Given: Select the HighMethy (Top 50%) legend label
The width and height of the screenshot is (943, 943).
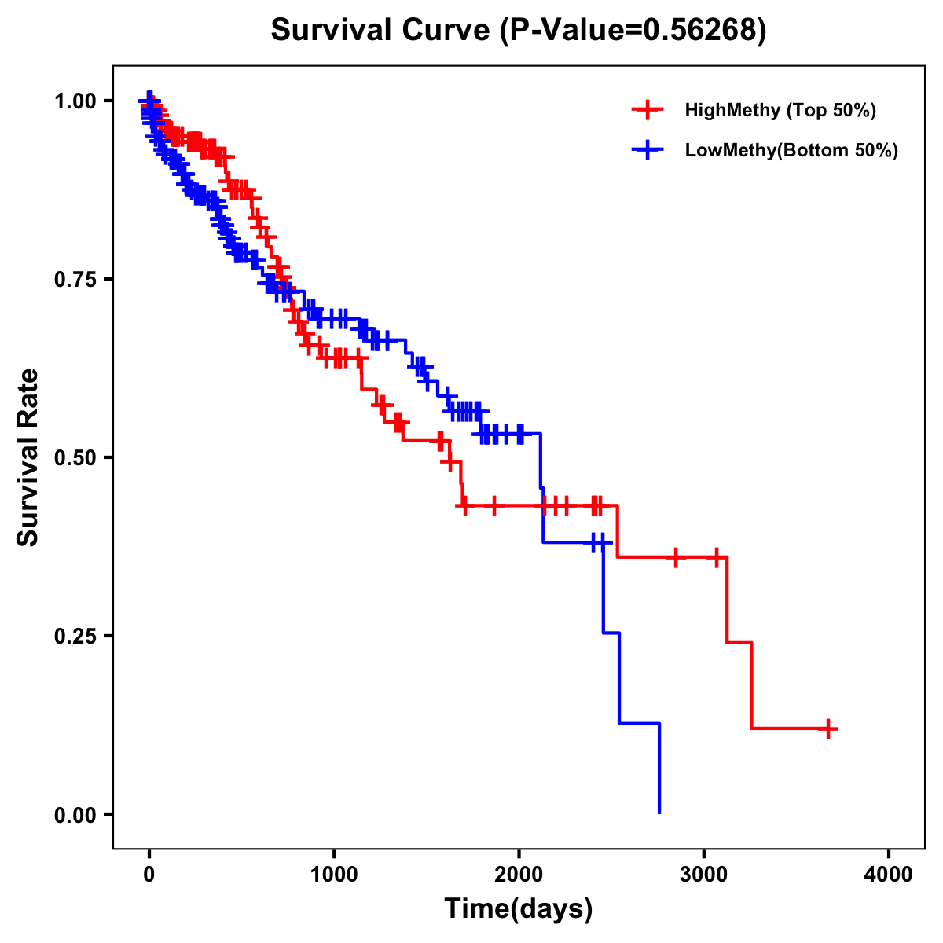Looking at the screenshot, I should (780, 110).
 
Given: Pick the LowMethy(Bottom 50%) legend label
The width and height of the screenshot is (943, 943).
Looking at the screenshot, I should (791, 150).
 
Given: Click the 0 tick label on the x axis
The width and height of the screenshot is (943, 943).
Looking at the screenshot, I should (149, 875).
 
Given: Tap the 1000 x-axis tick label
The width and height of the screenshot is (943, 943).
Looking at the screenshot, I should (334, 875).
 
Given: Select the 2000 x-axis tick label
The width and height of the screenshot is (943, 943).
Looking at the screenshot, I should (519, 875).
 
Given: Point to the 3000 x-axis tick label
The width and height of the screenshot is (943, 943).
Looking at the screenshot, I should (704, 875).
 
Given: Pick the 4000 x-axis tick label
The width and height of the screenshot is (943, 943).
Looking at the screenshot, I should (889, 875).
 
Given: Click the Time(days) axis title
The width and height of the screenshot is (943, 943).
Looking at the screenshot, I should (519, 909).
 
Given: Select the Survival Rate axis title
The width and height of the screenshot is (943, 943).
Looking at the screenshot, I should (28, 457).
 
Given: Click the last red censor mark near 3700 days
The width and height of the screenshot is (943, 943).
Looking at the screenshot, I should (828, 728).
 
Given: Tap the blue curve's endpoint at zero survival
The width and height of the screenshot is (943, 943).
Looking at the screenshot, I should (659, 813).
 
